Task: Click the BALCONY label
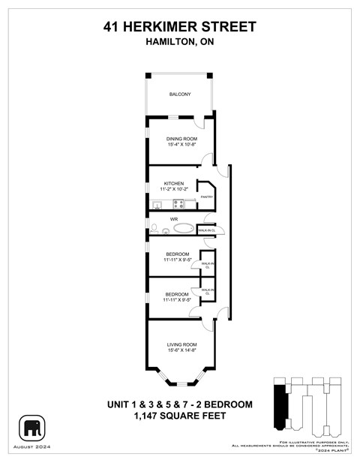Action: (x=179, y=94)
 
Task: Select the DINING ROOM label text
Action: (x=179, y=139)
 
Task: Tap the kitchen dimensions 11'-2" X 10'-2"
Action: (x=174, y=190)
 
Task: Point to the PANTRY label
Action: (x=207, y=197)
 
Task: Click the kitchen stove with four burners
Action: (x=179, y=203)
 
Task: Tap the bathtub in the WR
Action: (x=182, y=227)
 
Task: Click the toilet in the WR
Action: (x=154, y=227)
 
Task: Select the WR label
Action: (x=173, y=218)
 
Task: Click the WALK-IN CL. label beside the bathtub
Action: (x=206, y=230)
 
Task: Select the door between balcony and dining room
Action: (x=199, y=122)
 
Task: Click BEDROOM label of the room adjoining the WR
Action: (x=178, y=254)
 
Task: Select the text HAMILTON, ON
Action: (x=180, y=43)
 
